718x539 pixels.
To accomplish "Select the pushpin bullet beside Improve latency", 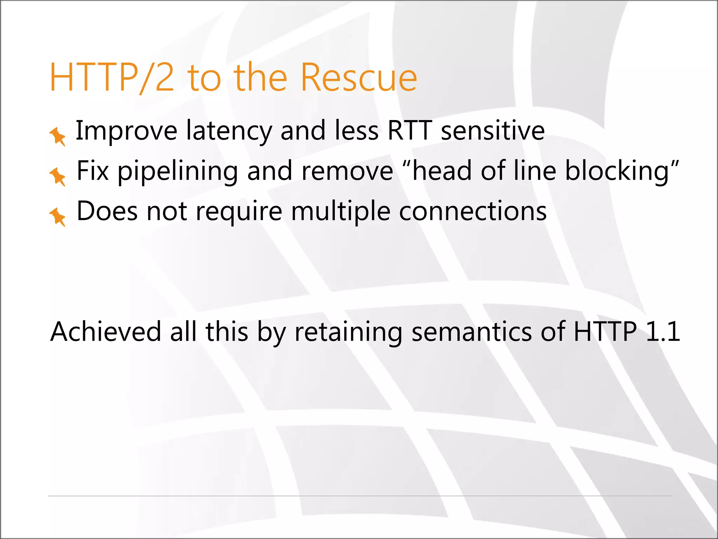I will tap(57, 136).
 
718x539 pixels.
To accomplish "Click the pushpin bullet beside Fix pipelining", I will tap(57, 177).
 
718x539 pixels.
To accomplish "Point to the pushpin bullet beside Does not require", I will tap(57, 217).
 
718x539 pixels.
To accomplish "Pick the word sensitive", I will tap(493, 131).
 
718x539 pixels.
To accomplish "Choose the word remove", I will tap(347, 171).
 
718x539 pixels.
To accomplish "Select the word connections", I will tap(473, 212).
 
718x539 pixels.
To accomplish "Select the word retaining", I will tap(348, 332).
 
